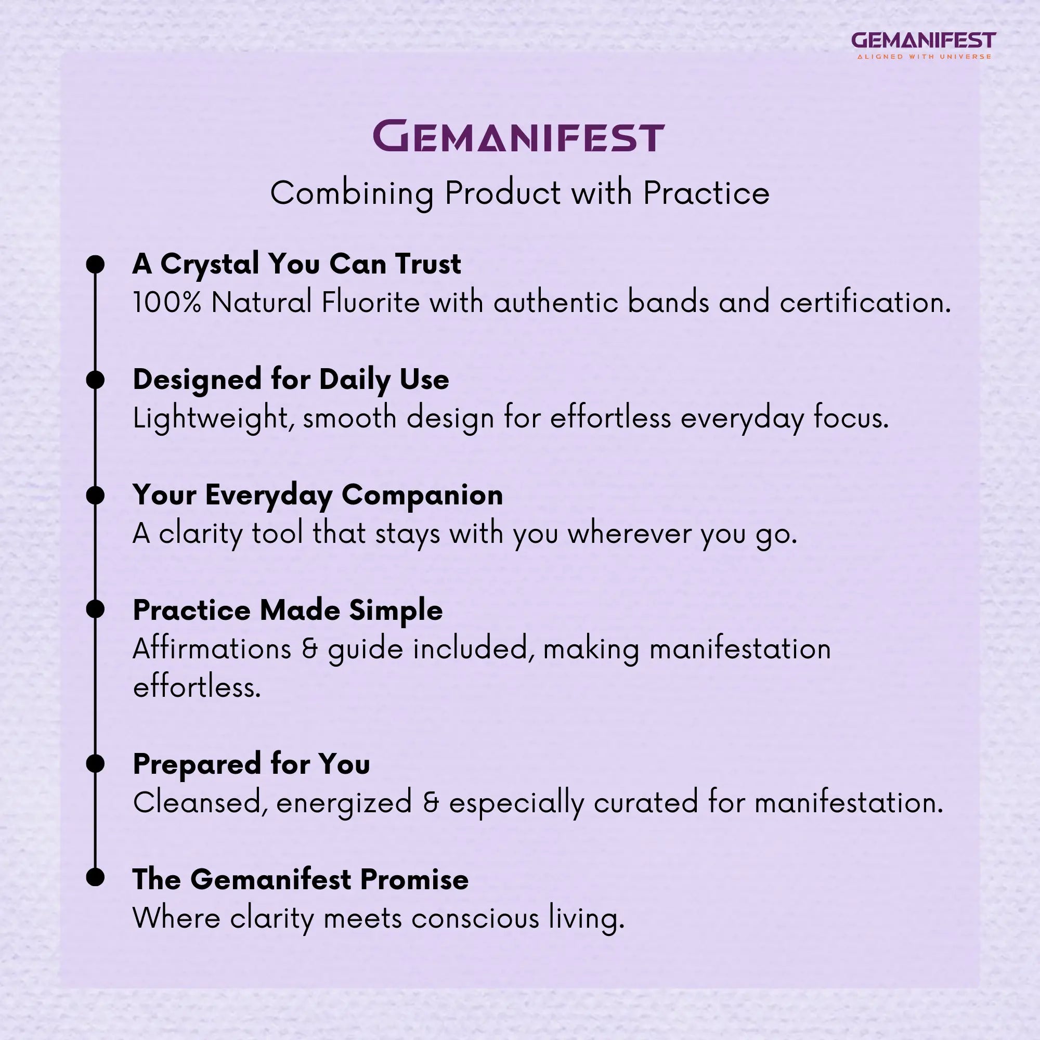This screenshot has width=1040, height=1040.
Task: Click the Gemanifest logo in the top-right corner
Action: pos(923,41)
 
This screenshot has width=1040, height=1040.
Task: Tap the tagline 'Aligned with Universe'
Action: pos(924,57)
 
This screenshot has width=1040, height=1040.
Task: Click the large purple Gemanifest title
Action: pos(519,137)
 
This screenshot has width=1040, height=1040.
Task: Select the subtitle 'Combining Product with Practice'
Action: pos(519,193)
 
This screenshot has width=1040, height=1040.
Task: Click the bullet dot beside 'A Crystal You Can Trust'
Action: pos(95,264)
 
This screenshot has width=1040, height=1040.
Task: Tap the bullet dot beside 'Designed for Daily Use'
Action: pos(95,380)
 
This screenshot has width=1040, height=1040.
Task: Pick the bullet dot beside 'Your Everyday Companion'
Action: pos(95,495)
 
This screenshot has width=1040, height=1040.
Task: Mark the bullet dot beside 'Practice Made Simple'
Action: pos(95,609)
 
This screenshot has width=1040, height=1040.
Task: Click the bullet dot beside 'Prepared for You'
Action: pos(95,763)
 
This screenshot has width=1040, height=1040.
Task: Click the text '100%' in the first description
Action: pos(167,302)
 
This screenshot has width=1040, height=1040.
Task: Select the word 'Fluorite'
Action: pos(370,302)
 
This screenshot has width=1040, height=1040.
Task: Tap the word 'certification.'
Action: pos(865,302)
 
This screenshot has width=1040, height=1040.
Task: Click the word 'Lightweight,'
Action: pos(213,419)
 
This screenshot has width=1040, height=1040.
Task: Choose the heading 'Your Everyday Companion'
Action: pos(318,495)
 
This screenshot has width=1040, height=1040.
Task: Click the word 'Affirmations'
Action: pos(212,648)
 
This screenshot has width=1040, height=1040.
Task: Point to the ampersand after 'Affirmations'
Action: pos(309,649)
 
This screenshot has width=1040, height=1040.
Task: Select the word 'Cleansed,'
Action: pos(200,802)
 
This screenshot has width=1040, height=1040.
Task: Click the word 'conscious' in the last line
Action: pos(475,918)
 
